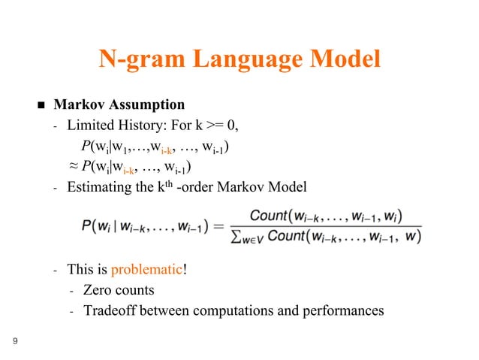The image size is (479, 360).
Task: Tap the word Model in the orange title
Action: tap(345, 59)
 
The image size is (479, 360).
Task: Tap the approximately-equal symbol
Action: tap(73, 166)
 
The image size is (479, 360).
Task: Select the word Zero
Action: tap(98, 290)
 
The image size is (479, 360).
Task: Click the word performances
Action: tap(345, 310)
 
